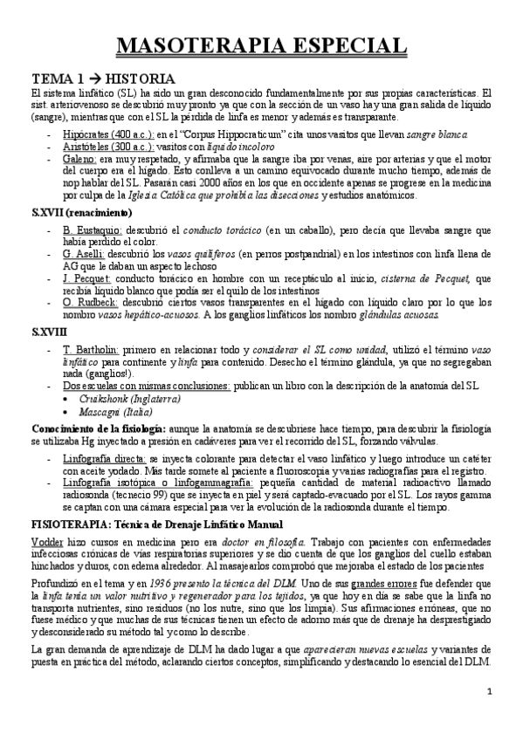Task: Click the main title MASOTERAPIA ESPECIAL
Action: (261, 45)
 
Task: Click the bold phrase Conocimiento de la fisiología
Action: (98, 428)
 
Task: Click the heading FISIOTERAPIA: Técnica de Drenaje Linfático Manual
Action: (157, 524)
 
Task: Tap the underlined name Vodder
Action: (46, 542)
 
